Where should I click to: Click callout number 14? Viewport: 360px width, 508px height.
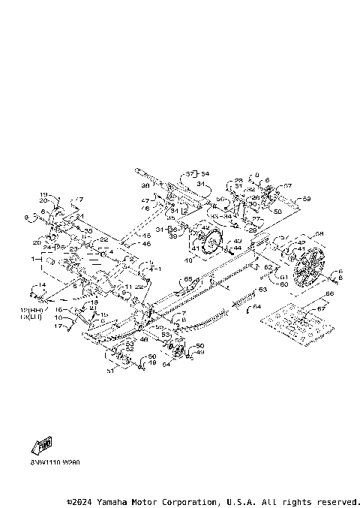pos(43,286)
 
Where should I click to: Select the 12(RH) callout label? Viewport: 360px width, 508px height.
pos(31,311)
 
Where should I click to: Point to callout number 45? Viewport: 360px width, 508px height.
pos(147,236)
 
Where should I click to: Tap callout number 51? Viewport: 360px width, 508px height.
pos(111,369)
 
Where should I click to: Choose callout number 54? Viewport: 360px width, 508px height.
pos(166,365)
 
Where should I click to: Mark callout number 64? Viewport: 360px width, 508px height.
pos(257,307)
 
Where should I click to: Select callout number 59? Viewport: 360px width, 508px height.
pos(307,199)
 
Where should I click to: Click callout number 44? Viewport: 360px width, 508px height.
pos(237,247)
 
